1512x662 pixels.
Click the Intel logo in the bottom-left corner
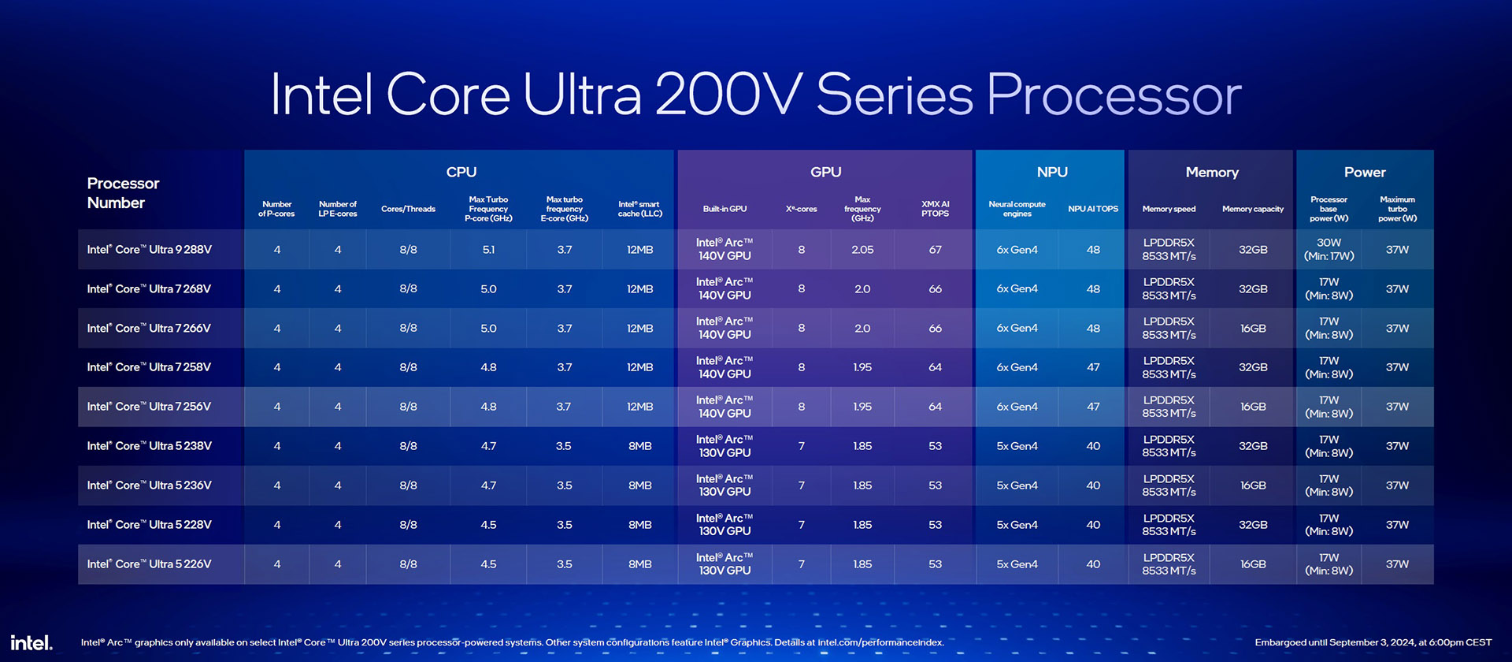(x=31, y=642)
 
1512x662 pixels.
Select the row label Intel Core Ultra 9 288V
(x=150, y=250)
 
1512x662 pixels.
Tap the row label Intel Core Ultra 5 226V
(x=150, y=564)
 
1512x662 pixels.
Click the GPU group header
(x=825, y=172)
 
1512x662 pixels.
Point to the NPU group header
(x=1051, y=172)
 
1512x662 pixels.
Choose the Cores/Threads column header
(x=408, y=209)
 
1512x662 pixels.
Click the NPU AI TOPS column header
(x=1093, y=209)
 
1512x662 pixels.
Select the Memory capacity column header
(x=1252, y=209)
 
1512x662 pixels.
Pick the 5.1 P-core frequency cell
(x=488, y=250)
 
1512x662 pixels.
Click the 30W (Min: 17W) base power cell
(x=1329, y=249)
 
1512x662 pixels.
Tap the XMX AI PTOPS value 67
(x=935, y=250)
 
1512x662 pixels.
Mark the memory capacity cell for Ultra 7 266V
(x=1252, y=328)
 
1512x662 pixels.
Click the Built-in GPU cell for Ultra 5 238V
(x=724, y=446)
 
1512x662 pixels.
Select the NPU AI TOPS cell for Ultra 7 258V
(x=1093, y=367)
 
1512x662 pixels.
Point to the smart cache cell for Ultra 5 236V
(x=639, y=485)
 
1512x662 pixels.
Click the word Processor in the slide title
(x=1114, y=95)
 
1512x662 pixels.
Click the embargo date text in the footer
(x=1373, y=642)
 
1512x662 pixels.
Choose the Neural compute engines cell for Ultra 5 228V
(x=1017, y=525)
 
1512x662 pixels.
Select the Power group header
(x=1364, y=172)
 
